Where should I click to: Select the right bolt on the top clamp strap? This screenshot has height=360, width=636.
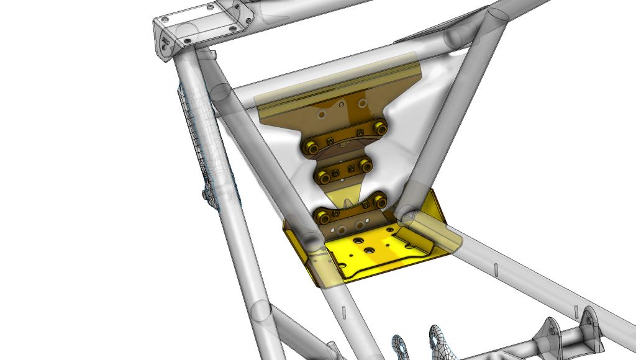pos(379,128)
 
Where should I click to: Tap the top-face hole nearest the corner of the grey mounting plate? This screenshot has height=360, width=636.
pos(164,20)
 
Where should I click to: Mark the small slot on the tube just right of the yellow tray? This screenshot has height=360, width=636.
pos(496,270)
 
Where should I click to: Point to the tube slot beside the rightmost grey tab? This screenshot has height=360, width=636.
pos(576,310)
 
